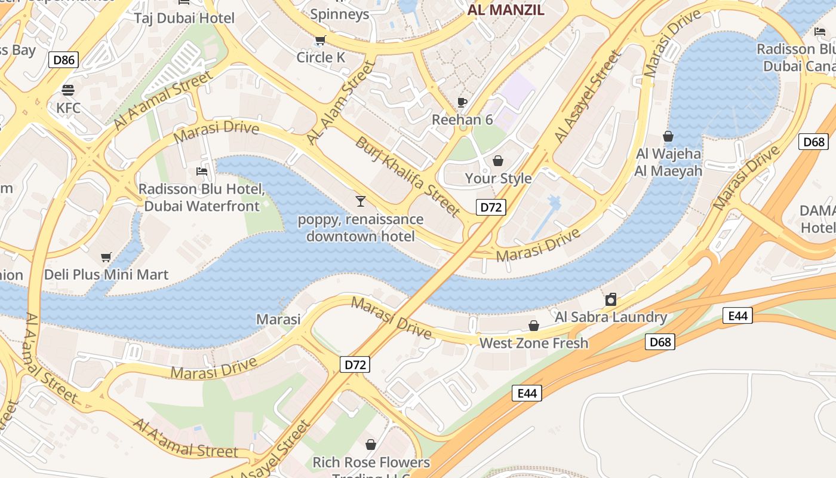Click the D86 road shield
[64, 60]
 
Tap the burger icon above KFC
[68, 90]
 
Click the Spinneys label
[340, 14]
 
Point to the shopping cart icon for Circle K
[321, 41]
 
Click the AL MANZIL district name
[506, 10]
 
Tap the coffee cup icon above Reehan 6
[462, 102]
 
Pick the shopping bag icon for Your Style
[498, 161]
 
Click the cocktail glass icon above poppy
[360, 201]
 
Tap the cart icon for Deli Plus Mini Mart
[106, 258]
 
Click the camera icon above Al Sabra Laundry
[611, 299]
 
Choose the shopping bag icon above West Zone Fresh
[534, 326]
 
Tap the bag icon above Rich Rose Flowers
[371, 445]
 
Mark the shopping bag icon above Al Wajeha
[668, 137]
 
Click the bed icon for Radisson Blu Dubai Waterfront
[202, 171]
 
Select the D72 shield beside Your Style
[491, 207]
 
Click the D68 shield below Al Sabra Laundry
[660, 342]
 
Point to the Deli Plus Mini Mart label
[106, 275]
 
